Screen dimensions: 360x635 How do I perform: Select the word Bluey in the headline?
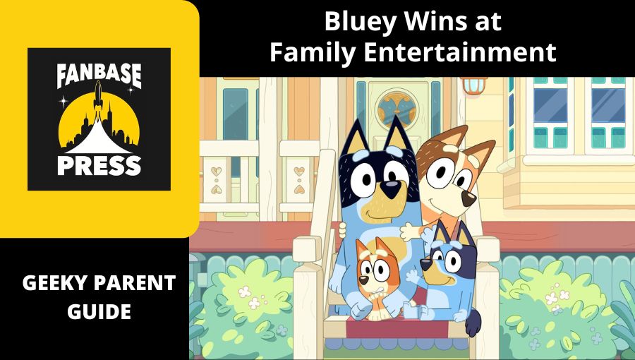tap(356, 21)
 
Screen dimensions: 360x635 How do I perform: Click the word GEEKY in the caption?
tap(52, 284)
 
